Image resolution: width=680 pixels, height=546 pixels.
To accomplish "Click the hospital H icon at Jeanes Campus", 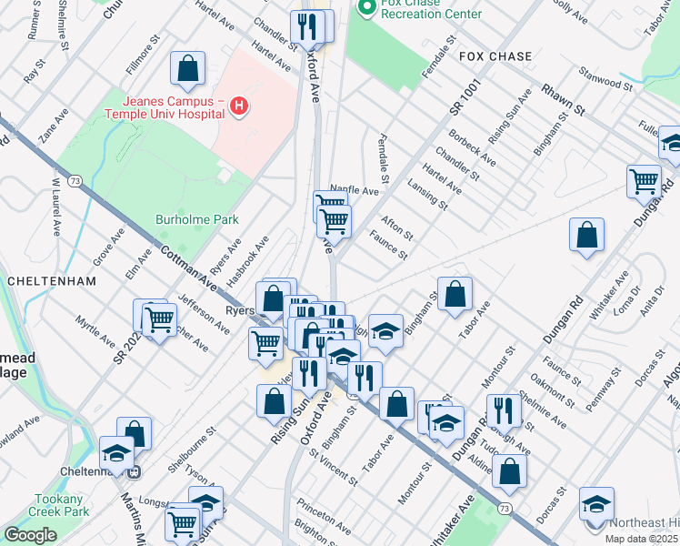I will tap(239, 106).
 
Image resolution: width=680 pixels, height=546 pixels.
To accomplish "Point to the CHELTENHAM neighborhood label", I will tap(52, 281).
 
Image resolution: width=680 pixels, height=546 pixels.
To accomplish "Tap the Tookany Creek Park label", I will tap(64, 506).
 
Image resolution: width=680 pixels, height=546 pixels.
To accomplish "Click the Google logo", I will tap(30, 534).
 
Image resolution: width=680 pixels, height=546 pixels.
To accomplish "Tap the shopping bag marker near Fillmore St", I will tap(187, 68).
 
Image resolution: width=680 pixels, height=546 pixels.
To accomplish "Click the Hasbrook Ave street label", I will tap(248, 257).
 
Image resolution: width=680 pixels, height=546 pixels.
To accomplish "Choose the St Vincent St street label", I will tap(333, 461).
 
